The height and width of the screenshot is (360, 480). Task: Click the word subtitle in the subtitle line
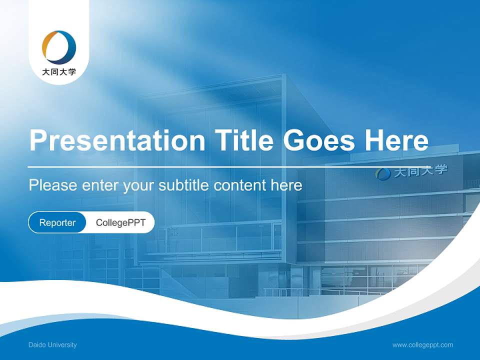coord(184,185)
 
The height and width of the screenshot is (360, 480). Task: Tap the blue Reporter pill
coord(57,222)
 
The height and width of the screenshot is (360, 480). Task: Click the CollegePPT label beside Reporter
coord(120,222)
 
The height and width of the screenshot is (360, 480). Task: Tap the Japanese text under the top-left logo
coord(59,72)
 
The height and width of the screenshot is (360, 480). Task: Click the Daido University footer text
coord(52,344)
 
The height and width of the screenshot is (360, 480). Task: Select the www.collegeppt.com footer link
coord(422,344)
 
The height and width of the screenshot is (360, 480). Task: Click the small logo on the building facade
coord(383,173)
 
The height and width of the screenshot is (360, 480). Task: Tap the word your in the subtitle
coord(138,186)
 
